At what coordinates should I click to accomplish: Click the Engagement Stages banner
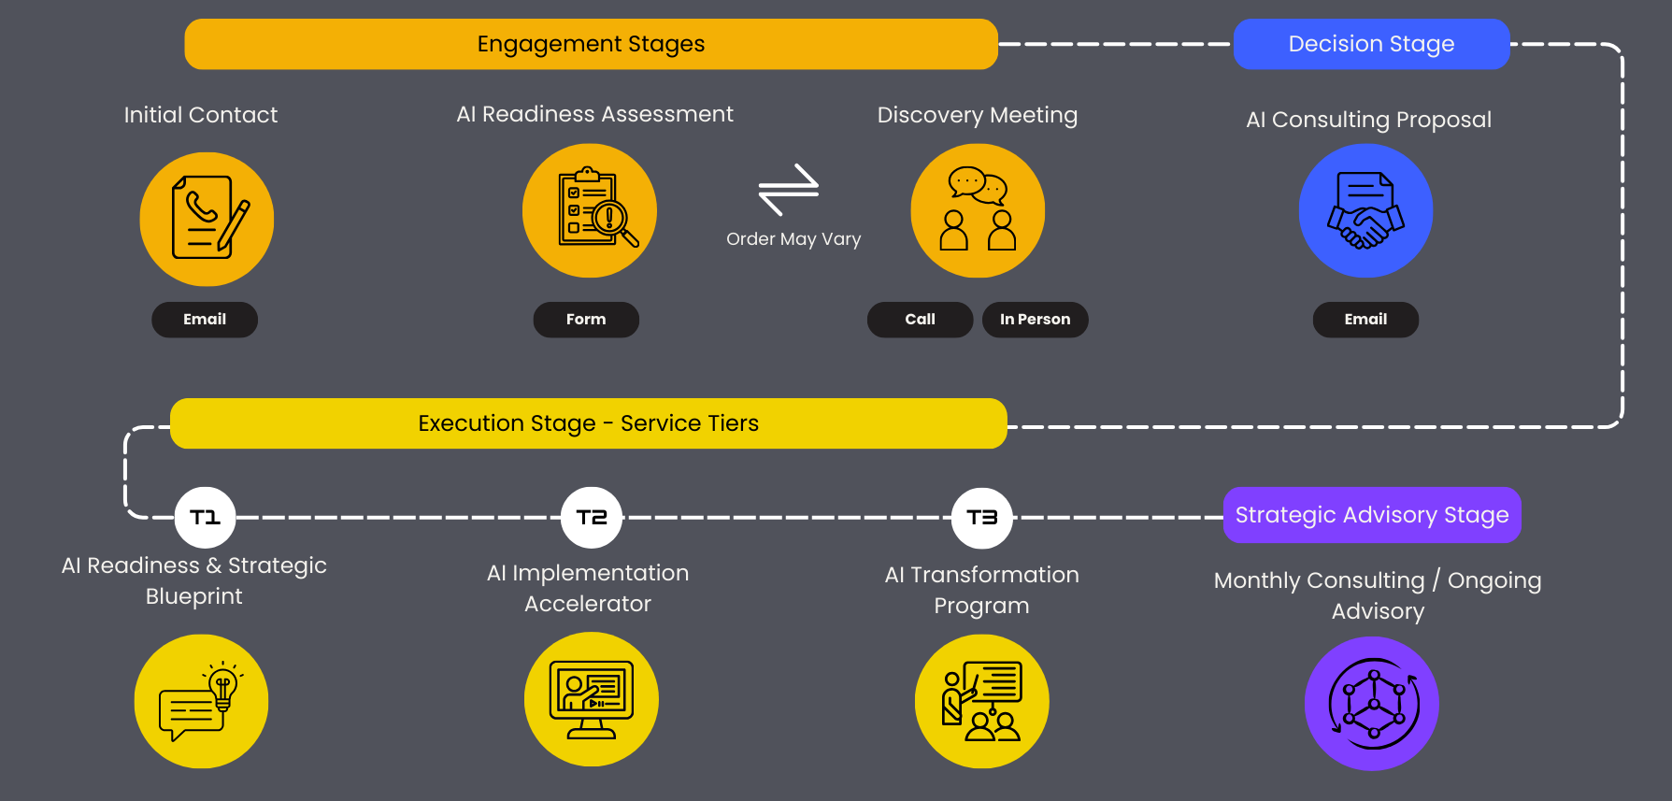591,44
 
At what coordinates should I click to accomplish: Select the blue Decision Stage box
1371,44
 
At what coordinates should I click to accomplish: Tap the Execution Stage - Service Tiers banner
588,423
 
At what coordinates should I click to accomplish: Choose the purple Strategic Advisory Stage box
1372,515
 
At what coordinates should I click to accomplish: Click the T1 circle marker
205,517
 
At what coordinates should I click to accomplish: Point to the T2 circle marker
592,517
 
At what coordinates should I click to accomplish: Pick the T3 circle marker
981,517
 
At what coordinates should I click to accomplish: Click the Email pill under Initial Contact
205,320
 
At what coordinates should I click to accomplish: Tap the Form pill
586,320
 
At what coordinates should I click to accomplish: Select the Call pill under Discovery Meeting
920,320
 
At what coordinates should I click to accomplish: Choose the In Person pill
1035,320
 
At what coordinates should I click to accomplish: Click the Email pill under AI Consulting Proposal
1365,320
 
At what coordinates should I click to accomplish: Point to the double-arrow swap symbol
789,189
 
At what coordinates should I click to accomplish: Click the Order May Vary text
793,239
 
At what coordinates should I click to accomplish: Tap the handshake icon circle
1365,211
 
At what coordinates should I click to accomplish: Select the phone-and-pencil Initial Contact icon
207,219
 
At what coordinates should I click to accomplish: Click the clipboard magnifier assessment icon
590,210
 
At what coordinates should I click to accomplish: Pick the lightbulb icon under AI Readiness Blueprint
201,701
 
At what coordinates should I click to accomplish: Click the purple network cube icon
1371,704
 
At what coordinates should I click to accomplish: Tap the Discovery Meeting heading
977,115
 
